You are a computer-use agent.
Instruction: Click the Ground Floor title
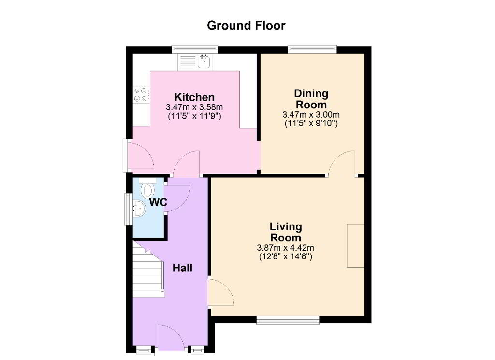coord(246,25)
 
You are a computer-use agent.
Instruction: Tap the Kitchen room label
coord(194,97)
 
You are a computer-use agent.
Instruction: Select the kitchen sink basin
coord(204,61)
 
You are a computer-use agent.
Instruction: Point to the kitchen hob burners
coord(141,94)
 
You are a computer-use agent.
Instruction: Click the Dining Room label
coord(311,99)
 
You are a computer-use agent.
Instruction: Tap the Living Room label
coord(286,232)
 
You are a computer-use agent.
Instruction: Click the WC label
coord(158,202)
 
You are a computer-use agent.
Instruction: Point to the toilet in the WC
coord(147,189)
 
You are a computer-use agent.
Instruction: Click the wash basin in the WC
coord(139,209)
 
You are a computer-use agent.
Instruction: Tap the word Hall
coord(182,268)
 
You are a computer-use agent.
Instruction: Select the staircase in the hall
coord(148,270)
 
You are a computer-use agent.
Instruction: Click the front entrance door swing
coord(171,338)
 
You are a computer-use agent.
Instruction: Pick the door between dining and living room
coord(342,163)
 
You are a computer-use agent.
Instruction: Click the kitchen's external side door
coord(141,155)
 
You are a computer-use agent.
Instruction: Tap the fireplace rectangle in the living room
coord(355,246)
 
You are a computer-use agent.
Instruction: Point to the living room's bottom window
coord(288,320)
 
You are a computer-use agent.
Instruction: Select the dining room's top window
coord(312,50)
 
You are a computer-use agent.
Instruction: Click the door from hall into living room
coord(220,292)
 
